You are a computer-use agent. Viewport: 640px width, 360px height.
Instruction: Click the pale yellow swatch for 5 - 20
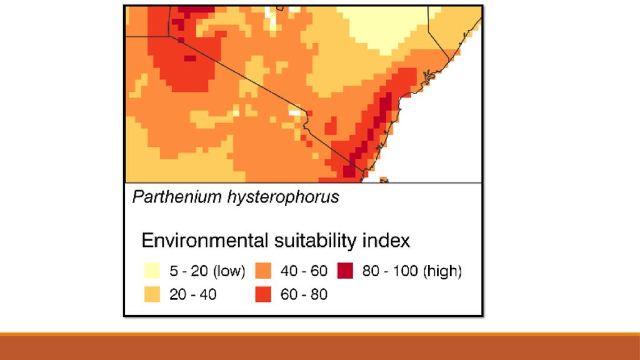(152, 271)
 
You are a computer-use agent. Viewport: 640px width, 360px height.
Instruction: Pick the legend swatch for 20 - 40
(152, 294)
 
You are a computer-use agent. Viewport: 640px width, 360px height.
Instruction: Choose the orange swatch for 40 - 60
(263, 271)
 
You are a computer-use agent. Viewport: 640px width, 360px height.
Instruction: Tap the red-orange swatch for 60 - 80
(263, 294)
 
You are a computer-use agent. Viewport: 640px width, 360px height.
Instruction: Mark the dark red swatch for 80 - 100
(344, 271)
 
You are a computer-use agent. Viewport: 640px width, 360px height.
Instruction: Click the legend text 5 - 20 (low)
(207, 272)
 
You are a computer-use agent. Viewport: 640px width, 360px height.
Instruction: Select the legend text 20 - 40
(193, 294)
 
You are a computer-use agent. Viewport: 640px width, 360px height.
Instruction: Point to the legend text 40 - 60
(304, 272)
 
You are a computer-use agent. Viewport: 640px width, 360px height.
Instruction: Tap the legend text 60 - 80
(304, 294)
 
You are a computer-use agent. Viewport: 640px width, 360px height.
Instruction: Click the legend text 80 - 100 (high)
(412, 272)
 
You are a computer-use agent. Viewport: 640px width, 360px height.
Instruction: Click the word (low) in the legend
(229, 272)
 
